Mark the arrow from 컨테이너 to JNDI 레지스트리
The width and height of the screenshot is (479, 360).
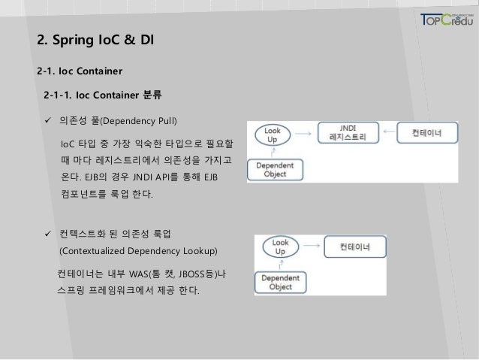click(x=389, y=133)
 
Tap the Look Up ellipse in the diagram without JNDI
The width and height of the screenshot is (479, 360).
click(x=280, y=247)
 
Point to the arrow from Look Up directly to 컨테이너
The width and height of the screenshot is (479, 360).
click(x=314, y=245)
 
